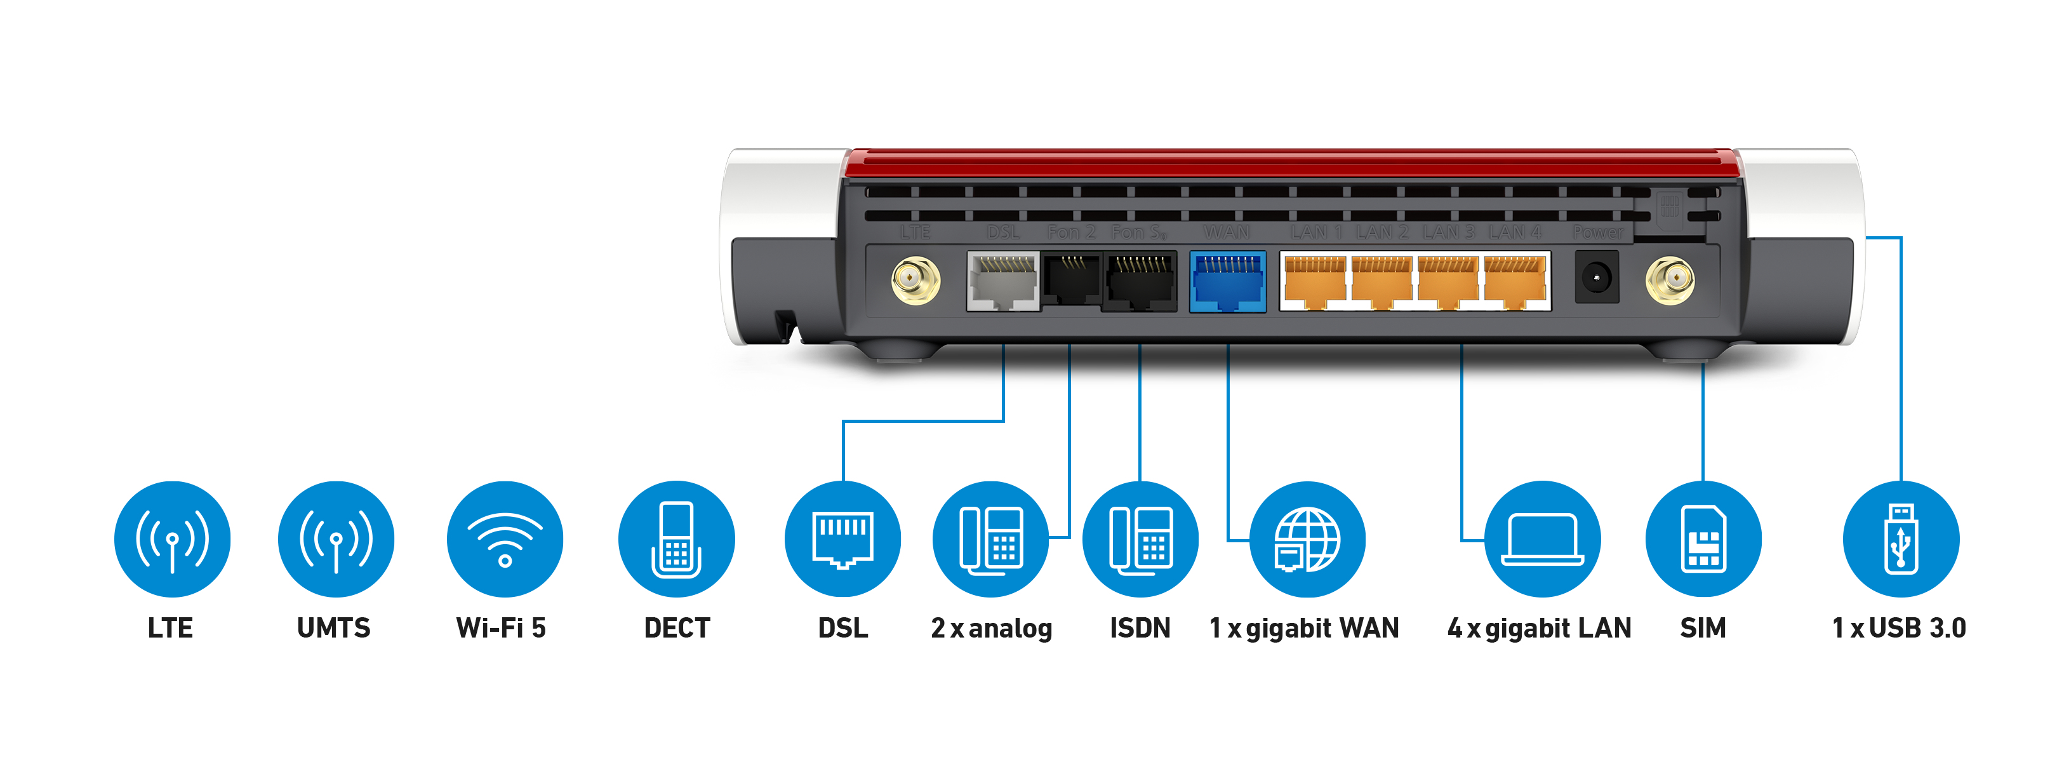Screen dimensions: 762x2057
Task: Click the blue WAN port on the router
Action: [1227, 281]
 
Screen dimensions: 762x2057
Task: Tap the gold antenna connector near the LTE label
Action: [915, 279]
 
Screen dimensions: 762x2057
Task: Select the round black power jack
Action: [1596, 277]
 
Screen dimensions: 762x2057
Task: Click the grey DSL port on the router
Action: [1003, 281]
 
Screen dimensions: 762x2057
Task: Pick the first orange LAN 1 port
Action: [1314, 281]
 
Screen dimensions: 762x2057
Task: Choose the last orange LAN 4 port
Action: [1515, 281]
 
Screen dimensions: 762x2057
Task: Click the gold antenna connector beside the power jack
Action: [1670, 279]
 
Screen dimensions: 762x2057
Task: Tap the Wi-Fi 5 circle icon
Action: [505, 538]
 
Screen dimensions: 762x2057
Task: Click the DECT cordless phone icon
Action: [676, 538]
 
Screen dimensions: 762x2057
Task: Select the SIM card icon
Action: [1703, 538]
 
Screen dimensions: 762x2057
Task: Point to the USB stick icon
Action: [1900, 538]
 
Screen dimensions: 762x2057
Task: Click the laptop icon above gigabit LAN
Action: [1542, 538]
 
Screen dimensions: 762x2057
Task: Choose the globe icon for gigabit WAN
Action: [1307, 538]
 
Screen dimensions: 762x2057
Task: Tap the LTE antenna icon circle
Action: [171, 538]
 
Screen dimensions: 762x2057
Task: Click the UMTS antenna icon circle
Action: [335, 538]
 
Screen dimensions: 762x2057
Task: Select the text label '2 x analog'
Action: [991, 628]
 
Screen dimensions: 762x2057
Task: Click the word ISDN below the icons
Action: [1140, 628]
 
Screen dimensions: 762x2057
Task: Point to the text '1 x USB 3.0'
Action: [1899, 628]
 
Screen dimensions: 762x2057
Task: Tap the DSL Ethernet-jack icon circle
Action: [842, 538]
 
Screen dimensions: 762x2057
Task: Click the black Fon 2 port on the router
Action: [1071, 281]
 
